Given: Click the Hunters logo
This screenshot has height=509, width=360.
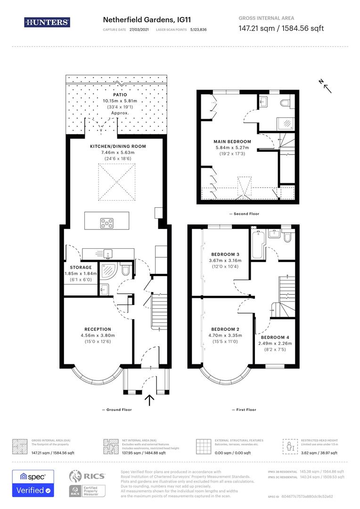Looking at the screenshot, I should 47,22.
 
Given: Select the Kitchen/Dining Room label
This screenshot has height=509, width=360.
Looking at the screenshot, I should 118,147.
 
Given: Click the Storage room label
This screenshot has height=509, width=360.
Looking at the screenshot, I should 81,267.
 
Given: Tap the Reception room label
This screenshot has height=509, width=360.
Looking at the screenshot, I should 98,329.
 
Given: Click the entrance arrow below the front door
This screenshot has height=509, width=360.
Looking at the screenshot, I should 150,400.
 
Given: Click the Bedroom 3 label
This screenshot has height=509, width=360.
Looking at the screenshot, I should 225,254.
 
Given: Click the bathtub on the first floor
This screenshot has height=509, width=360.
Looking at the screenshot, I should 257,244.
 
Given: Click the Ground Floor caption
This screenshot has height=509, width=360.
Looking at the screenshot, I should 117,410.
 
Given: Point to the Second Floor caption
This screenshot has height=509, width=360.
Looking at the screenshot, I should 244,213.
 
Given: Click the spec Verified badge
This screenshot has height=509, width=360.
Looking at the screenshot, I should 33,483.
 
